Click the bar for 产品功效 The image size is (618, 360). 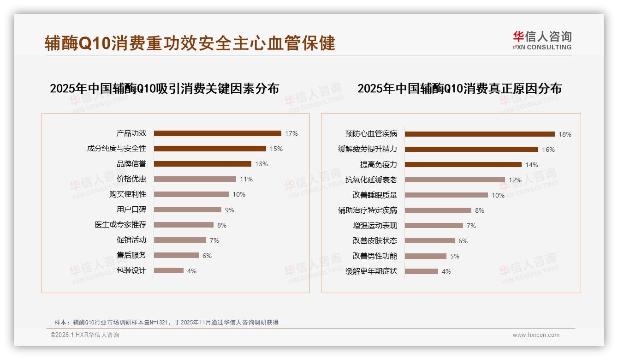217,133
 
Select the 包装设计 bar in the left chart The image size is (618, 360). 168,270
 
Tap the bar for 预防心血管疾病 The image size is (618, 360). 480,134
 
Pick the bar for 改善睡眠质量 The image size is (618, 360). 446,195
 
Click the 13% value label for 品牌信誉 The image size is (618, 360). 261,164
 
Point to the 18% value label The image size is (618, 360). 565,134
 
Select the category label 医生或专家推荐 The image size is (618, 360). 120,225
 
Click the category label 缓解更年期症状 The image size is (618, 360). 371,271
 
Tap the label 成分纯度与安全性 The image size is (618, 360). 117,149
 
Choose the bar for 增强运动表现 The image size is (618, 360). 434,226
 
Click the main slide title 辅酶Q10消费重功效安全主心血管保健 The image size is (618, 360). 190,43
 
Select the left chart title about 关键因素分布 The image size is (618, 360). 165,88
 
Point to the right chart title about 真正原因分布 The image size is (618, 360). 459,88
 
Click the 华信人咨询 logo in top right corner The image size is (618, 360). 542,40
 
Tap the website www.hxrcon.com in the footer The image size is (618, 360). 536,335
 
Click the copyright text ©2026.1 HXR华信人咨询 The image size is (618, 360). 85,335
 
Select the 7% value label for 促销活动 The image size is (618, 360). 214,240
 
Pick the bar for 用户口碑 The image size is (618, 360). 187,210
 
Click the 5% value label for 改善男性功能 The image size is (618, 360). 455,256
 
